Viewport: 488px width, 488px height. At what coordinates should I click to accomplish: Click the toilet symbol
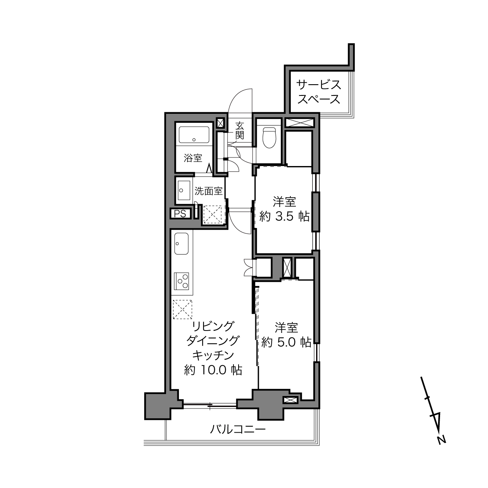click(269, 138)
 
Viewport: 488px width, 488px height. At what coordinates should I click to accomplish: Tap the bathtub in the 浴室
click(194, 134)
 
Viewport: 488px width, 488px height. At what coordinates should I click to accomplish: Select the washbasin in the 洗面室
click(184, 190)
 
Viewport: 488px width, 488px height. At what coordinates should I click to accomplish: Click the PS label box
click(180, 214)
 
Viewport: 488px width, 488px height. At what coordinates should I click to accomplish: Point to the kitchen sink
click(181, 243)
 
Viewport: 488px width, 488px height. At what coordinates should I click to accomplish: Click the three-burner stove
click(182, 281)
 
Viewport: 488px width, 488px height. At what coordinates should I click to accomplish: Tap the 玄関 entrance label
click(240, 131)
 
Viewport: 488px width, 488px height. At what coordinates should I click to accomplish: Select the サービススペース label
click(319, 92)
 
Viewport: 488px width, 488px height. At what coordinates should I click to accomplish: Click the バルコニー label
click(238, 429)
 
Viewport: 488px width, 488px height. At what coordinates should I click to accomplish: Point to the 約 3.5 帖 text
click(285, 217)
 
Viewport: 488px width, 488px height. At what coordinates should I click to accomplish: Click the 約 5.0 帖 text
click(286, 342)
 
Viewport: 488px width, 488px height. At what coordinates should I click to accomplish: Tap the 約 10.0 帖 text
click(213, 370)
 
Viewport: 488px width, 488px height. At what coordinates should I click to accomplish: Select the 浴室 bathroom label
click(193, 158)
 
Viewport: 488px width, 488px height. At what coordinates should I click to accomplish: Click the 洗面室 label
click(209, 191)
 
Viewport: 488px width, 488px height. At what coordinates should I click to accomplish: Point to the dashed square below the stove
click(182, 309)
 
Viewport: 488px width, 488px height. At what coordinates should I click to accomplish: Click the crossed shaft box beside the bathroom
click(220, 123)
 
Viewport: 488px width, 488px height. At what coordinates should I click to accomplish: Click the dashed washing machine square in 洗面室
click(212, 214)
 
